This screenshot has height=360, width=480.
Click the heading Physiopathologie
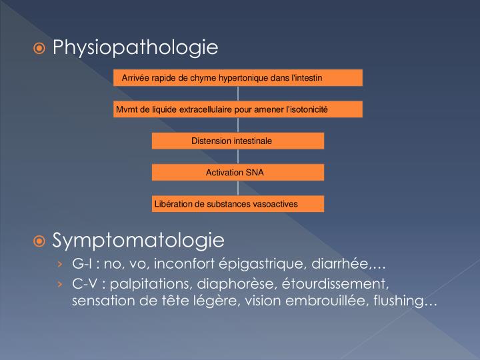(x=135, y=47)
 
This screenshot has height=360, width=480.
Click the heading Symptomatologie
(x=138, y=239)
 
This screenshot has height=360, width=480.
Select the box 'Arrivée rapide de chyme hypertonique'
(x=238, y=78)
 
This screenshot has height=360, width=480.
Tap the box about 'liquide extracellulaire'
(x=238, y=109)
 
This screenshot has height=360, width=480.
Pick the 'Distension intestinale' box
(x=238, y=141)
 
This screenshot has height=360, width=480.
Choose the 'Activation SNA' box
(x=238, y=172)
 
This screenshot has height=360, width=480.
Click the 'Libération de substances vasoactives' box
(x=238, y=203)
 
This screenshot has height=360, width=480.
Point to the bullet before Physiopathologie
(x=41, y=48)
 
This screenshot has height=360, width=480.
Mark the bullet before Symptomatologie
(x=41, y=240)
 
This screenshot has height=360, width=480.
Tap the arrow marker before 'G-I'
(x=61, y=263)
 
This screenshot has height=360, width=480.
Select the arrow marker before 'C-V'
(x=61, y=285)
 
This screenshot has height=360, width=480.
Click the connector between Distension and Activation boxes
(x=238, y=157)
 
